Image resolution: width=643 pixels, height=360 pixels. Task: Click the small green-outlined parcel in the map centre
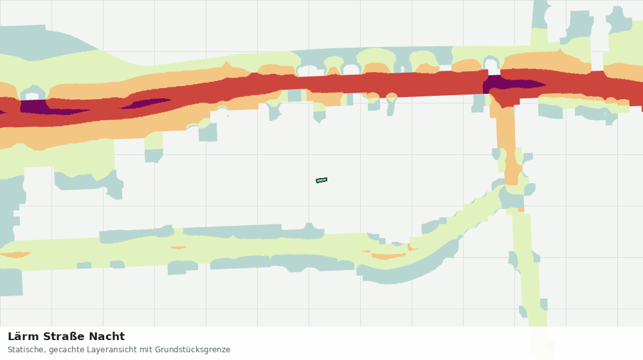[321, 180]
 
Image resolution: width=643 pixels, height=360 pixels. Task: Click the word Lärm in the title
[23, 337]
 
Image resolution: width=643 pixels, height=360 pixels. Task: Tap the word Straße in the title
[63, 337]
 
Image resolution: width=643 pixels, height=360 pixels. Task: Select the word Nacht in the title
[107, 337]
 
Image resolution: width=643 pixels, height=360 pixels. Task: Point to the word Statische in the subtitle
[26, 350]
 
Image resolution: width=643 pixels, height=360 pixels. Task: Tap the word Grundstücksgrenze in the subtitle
[192, 350]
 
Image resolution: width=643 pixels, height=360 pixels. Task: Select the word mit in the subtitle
[146, 350]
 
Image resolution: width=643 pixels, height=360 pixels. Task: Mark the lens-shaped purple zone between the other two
[145, 104]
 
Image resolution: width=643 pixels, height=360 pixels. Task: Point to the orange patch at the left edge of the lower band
[15, 255]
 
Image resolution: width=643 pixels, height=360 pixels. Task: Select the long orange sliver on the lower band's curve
[388, 256]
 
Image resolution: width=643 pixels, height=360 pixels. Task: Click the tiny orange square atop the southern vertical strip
[521, 210]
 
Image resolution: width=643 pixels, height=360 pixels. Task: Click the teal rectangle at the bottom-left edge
[11, 282]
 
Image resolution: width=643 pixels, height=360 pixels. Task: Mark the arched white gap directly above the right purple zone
[491, 66]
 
